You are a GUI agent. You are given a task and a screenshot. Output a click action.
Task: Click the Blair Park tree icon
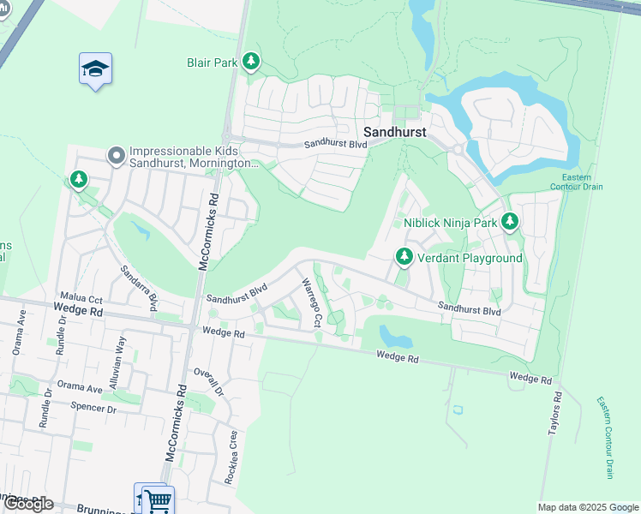tap(250, 62)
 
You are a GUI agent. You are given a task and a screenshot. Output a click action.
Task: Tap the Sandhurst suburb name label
tap(395, 132)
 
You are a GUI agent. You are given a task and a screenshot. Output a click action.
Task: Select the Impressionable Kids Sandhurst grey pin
tap(116, 155)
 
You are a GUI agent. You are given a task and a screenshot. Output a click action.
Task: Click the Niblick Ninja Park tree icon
tap(510, 223)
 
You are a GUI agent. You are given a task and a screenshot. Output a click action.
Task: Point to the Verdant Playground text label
tap(470, 258)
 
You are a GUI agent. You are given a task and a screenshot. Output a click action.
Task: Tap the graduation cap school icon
tap(95, 69)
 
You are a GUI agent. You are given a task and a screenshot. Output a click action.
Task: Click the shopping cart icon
tap(157, 500)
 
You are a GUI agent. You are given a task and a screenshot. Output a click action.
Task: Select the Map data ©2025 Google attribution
tap(587, 507)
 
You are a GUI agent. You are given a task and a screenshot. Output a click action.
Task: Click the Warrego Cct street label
tap(310, 303)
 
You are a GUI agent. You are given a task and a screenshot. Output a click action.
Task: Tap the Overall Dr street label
tap(208, 381)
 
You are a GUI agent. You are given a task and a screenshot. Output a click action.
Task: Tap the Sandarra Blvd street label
tap(140, 288)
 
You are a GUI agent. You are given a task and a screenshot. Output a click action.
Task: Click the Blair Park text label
tap(212, 63)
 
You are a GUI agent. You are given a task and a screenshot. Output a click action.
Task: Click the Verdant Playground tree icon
tap(404, 257)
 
